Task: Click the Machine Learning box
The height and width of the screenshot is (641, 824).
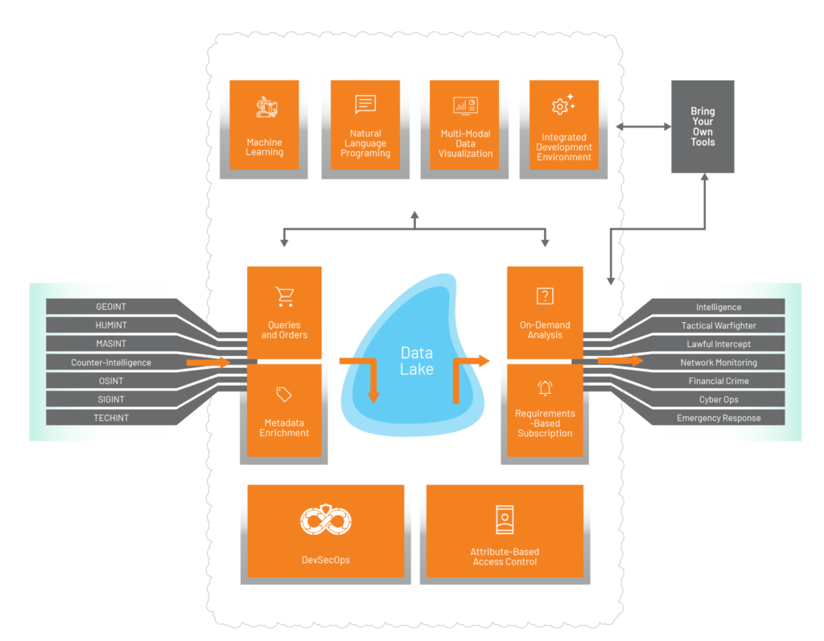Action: click(264, 125)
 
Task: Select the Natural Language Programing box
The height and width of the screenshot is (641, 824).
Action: click(365, 125)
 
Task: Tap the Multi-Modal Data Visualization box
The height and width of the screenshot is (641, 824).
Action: click(465, 125)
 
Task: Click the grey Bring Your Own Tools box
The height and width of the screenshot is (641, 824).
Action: click(702, 126)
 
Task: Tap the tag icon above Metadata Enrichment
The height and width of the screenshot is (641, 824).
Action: click(284, 395)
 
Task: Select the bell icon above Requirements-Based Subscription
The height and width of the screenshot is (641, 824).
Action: click(545, 388)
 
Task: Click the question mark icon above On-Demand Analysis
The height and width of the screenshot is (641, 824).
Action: click(545, 296)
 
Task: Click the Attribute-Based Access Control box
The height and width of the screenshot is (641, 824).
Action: click(505, 531)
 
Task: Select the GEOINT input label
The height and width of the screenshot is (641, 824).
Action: click(110, 307)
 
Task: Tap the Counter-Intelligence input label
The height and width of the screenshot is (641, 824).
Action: click(110, 362)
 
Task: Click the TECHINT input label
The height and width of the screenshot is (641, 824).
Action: click(110, 418)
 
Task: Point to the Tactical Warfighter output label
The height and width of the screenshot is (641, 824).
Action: click(719, 325)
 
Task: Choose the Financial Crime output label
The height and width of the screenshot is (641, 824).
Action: click(719, 381)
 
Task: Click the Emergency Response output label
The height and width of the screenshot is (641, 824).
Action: click(719, 418)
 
